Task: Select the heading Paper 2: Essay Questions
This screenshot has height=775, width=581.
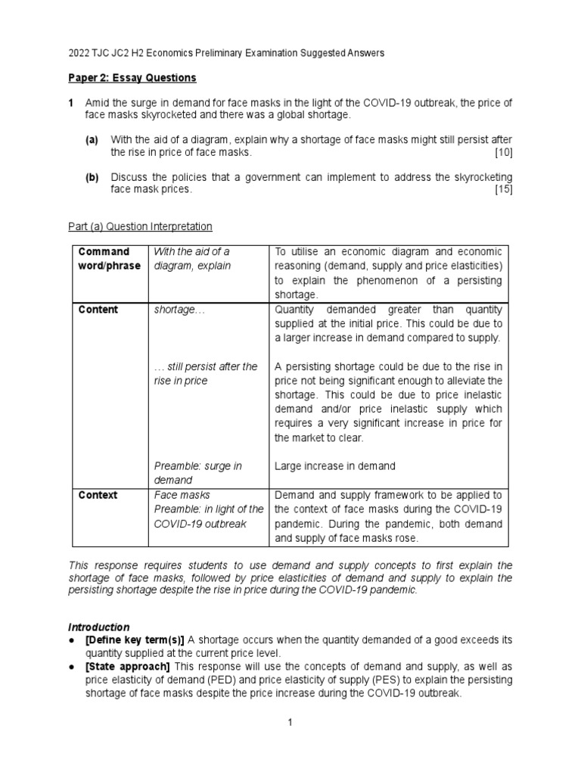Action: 132,78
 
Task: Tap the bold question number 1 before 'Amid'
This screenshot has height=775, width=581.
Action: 71,102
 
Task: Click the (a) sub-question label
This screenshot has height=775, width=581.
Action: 92,139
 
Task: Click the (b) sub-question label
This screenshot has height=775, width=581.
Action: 92,176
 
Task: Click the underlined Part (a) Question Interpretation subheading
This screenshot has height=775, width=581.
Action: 140,226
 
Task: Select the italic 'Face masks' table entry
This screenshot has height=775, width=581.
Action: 179,495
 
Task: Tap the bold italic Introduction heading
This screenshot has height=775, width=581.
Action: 99,627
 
